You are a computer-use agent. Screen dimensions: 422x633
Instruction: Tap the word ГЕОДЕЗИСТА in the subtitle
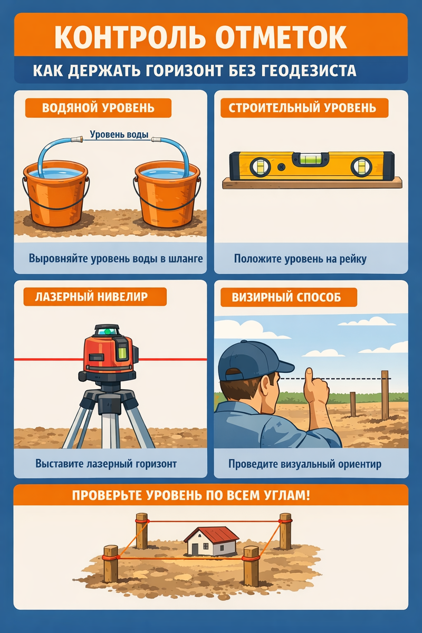[308, 70]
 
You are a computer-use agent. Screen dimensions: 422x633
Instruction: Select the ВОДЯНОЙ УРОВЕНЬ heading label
[98, 108]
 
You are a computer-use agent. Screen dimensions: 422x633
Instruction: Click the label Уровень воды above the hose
[119, 135]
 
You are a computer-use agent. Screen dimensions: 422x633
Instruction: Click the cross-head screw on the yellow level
[281, 167]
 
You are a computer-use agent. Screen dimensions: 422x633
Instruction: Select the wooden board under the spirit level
[312, 183]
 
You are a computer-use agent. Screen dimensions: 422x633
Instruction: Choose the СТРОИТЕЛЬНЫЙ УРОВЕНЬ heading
[302, 108]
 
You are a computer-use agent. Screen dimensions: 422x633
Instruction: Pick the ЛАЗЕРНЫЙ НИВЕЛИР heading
[91, 296]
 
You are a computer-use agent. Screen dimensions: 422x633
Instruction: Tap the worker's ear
[265, 385]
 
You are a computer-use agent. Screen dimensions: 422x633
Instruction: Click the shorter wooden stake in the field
[353, 404]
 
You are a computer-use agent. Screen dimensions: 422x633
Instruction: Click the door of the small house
[195, 549]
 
